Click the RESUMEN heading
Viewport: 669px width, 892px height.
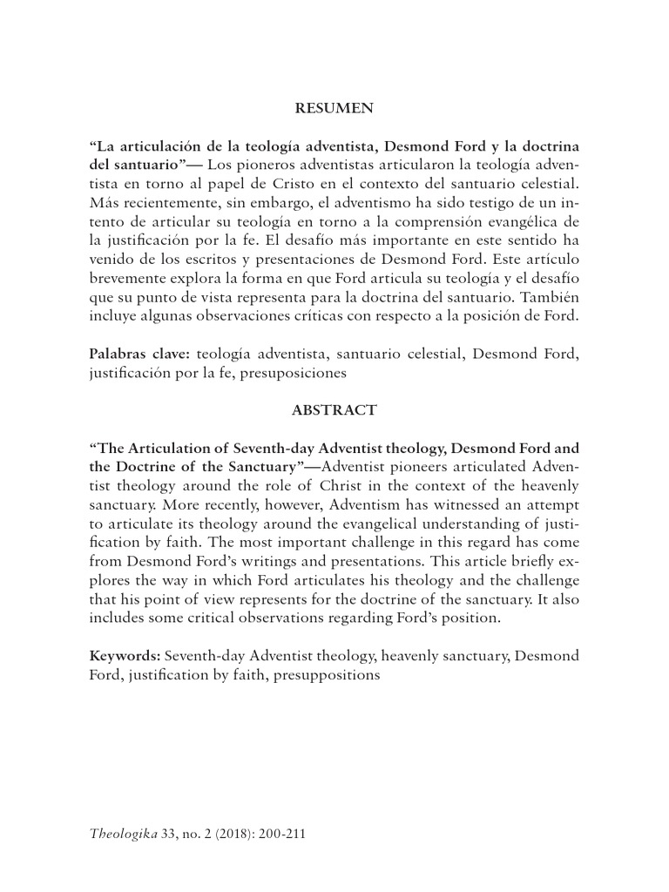click(x=334, y=109)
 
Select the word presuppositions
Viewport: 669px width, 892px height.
click(x=327, y=673)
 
